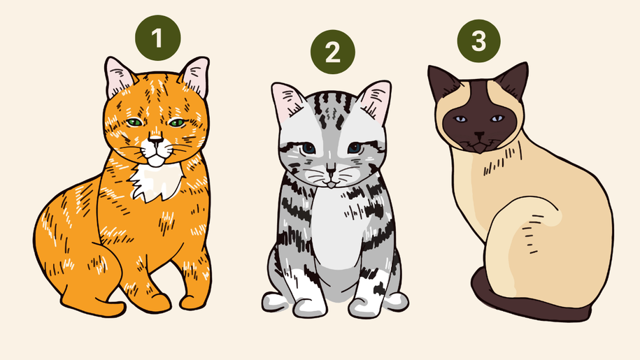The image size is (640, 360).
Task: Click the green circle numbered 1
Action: click(x=158, y=38)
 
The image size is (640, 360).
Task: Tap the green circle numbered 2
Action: click(x=333, y=52)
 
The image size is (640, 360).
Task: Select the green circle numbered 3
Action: click(x=478, y=41)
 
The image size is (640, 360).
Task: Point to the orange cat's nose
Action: click(x=155, y=141)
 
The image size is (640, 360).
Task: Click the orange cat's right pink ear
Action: click(x=196, y=77)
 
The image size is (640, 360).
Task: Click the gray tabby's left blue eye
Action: click(x=308, y=148)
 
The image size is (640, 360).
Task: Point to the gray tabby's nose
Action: click(x=331, y=168)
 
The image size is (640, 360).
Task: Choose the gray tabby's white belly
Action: click(x=336, y=229)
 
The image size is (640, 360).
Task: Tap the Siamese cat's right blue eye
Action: click(x=497, y=119)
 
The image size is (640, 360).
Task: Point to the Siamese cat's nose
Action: click(x=479, y=134)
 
